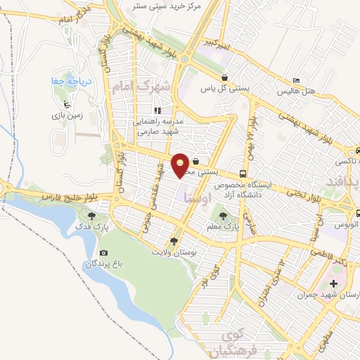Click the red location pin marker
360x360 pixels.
[181, 165]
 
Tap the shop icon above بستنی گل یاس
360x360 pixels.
[224, 77]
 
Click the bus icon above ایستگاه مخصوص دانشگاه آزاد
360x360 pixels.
[243, 174]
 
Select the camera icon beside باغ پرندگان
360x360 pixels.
[104, 252]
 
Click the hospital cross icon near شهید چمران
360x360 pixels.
[333, 283]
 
